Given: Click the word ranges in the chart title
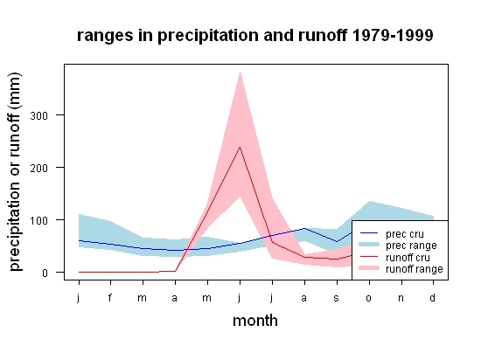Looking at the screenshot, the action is pos(105,36).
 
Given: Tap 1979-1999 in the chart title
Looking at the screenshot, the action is pos(393,35).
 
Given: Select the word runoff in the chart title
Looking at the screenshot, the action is pos(323,35).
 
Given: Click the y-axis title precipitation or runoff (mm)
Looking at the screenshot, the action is pos(15,172).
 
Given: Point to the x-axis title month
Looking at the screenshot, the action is pos(255,321).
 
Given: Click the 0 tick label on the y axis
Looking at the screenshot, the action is pos(45,273).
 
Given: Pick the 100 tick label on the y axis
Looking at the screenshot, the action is pos(39,220).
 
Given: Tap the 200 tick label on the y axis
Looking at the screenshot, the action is pos(39,168).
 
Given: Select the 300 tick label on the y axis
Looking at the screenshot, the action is pos(39,115).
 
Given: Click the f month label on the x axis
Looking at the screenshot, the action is pos(110,297).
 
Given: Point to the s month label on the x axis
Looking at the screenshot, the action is pos(337,298).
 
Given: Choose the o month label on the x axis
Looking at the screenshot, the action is pos(369,298).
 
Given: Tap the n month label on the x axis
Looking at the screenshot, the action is pos(401,298).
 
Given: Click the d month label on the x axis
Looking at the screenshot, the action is pos(433,297).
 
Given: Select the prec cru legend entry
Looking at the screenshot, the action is pos(392,234).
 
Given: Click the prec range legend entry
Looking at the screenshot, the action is pos(399,246).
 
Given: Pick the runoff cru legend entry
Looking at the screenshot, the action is pos(395,258).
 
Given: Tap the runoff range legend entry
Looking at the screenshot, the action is pos(401,269).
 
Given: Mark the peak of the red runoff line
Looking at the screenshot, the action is pos(240,148).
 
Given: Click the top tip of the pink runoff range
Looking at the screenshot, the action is pos(240,72).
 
